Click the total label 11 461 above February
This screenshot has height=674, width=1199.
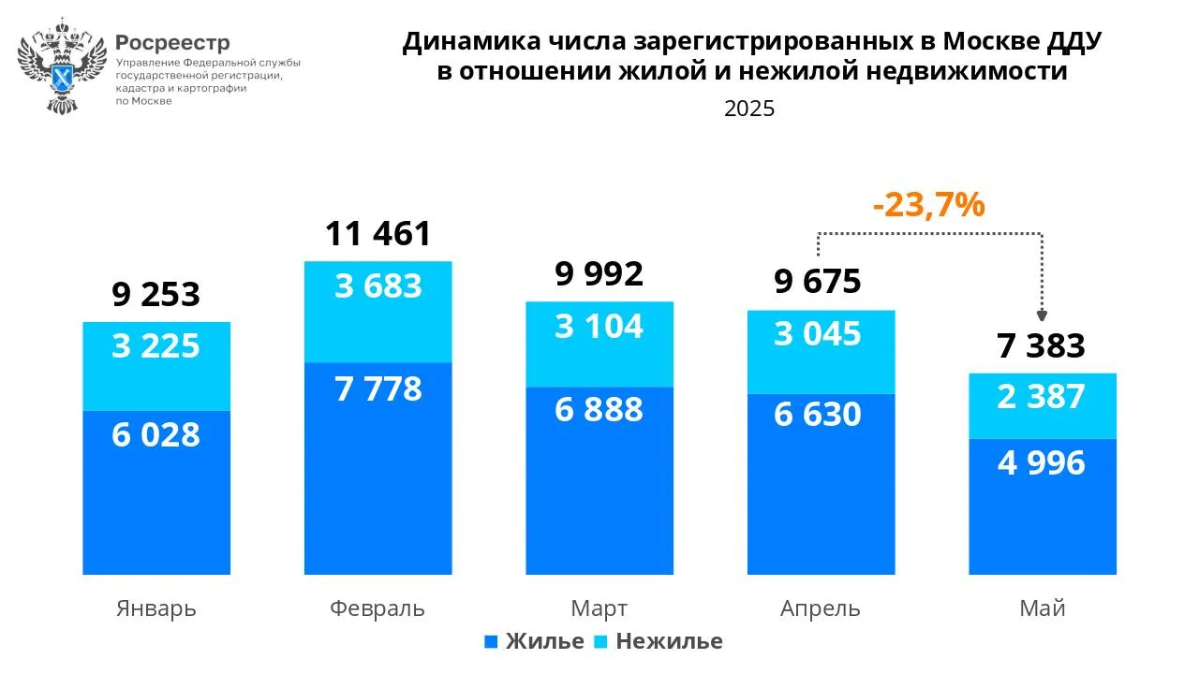pyautogui.click(x=377, y=233)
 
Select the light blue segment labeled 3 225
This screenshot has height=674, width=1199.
pyautogui.click(x=156, y=366)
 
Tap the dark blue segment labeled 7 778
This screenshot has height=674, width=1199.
pyautogui.click(x=377, y=468)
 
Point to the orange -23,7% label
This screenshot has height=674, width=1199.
pyautogui.click(x=928, y=203)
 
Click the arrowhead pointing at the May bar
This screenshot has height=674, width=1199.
pyautogui.click(x=1042, y=316)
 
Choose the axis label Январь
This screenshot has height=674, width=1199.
pyautogui.click(x=156, y=608)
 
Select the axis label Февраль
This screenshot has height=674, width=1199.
pyautogui.click(x=377, y=608)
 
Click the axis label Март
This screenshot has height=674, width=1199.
pyautogui.click(x=599, y=608)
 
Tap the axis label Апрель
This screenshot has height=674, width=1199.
pyautogui.click(x=820, y=608)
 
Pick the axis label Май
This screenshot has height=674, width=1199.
pyautogui.click(x=1042, y=608)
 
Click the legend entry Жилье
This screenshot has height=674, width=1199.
pyautogui.click(x=534, y=641)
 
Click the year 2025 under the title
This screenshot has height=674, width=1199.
pyautogui.click(x=749, y=109)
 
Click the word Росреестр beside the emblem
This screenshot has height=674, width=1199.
pyautogui.click(x=172, y=43)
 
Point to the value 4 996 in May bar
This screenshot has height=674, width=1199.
pyautogui.click(x=1042, y=462)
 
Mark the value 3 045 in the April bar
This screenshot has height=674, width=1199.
pyautogui.click(x=818, y=333)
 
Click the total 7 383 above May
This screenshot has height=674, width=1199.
pyautogui.click(x=1042, y=345)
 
